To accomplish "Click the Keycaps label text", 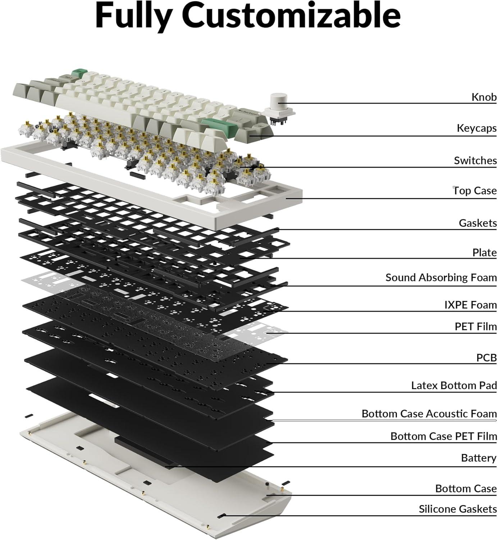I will point(476,128).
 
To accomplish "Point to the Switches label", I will point(475,160).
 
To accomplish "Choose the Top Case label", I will point(475,190).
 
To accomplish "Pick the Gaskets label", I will point(478,223).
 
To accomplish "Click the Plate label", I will point(484,252).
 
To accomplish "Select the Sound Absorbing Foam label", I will point(441,277).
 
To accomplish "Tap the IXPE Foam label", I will point(470,305).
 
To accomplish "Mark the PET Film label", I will point(475,327).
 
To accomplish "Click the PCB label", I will point(486,357).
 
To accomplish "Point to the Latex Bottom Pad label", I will point(454,385).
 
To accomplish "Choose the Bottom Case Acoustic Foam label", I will point(429,413).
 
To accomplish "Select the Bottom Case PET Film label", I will point(443,436).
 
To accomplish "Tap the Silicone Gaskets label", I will point(457,509).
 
